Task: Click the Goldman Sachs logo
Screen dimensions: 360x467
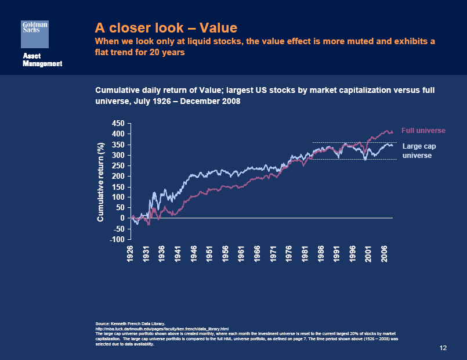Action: point(35,33)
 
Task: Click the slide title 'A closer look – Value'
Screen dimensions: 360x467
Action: point(166,27)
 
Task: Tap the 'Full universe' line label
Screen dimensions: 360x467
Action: point(423,131)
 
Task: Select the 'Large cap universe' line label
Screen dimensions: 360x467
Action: point(419,151)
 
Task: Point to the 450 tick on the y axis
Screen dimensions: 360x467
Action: point(118,124)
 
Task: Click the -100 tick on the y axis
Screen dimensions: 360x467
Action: point(118,239)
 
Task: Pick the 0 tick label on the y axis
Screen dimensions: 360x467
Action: point(122,218)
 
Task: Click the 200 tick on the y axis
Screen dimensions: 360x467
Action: point(118,177)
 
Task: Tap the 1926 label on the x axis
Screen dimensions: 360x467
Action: point(131,254)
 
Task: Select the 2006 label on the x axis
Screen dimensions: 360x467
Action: point(385,254)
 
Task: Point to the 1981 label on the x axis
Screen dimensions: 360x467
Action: point(305,254)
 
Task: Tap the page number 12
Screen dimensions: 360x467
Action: point(443,348)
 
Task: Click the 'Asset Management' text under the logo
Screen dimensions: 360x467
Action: point(42,59)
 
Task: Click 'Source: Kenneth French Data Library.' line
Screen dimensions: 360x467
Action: point(130,323)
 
